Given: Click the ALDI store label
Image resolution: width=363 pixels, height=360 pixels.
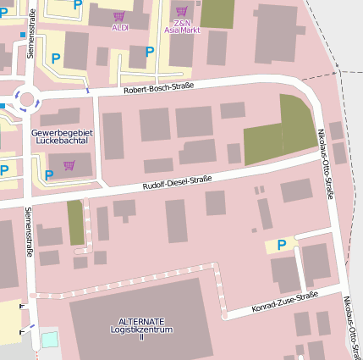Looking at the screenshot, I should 119,27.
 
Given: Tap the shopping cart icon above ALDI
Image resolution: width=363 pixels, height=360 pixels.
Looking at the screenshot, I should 119,16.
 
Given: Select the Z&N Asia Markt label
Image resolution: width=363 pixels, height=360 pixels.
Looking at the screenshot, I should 182,26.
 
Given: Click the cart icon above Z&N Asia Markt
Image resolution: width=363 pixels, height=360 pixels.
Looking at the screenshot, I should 181,11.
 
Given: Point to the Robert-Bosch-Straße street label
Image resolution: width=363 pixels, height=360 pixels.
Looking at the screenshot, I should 159,87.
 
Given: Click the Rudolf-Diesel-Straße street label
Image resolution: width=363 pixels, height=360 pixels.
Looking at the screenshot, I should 177,182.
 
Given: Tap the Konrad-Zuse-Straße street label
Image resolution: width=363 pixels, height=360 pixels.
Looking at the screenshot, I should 285,302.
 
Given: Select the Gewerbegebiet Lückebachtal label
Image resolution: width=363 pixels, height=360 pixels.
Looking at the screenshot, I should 62,136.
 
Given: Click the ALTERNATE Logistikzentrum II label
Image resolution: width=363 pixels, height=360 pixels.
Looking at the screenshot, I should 141,329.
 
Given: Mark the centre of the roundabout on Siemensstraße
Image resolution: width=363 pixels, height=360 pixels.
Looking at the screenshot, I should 27,100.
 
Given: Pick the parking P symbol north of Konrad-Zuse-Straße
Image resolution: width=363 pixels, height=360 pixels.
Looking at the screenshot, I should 282,245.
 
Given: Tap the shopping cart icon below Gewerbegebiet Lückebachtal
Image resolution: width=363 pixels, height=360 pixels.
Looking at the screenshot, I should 69,165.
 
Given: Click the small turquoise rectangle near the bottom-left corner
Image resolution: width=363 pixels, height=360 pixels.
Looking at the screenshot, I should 50,340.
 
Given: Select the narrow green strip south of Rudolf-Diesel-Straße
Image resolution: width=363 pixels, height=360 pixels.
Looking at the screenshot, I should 76,222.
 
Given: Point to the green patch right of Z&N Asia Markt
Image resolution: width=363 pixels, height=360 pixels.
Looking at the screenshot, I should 217,13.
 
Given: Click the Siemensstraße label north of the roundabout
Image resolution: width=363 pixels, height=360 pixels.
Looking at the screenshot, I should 33,32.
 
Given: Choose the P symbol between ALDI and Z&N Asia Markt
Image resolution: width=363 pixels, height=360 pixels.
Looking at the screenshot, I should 150,52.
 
